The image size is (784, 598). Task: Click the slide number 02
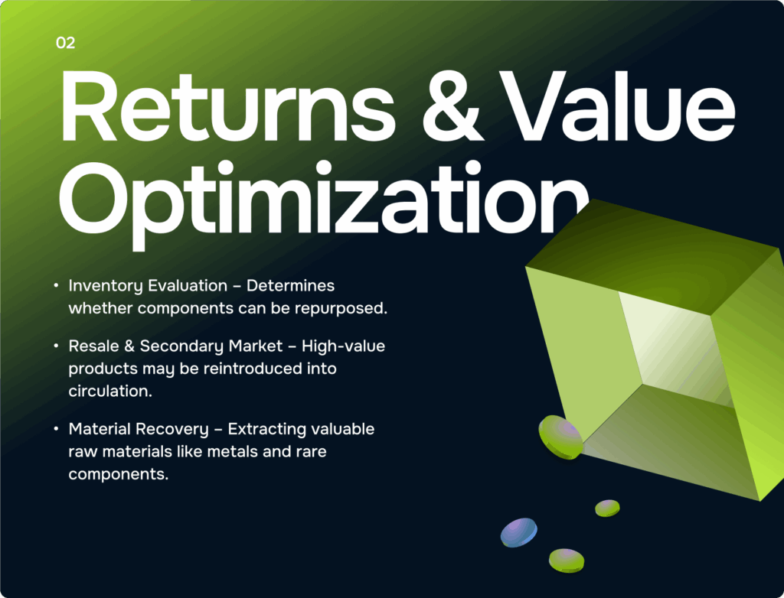pos(66,43)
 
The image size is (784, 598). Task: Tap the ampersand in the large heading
pos(452,107)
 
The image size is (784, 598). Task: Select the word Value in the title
pos(617,106)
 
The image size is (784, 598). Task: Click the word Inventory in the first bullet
pos(106,286)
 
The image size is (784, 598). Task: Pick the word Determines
pos(290,286)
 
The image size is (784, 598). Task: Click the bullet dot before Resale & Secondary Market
pos(56,346)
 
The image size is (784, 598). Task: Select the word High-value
pos(344,346)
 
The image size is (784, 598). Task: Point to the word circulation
pos(110,392)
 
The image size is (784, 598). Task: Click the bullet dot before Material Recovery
pos(56,429)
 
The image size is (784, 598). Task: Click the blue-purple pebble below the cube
pos(519,532)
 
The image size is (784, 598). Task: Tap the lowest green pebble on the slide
pos(567,561)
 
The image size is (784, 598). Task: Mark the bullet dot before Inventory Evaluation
pos(56,285)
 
